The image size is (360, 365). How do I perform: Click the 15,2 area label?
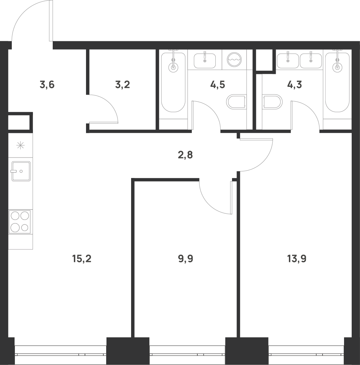pyautogui.click(x=82, y=258)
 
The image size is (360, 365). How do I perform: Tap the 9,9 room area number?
pyautogui.click(x=186, y=258)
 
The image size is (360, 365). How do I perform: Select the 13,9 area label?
pyautogui.click(x=297, y=258)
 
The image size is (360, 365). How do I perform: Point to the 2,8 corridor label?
pyautogui.click(x=185, y=155)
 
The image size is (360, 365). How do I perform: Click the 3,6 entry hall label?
pyautogui.click(x=47, y=85)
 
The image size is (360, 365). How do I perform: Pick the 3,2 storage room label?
pyautogui.click(x=122, y=85)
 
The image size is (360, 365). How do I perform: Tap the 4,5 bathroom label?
pyautogui.click(x=217, y=85)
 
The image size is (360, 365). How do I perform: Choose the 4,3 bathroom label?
pyautogui.click(x=294, y=85)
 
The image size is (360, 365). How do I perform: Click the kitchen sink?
pyautogui.click(x=21, y=171)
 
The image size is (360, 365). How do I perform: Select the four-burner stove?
pyautogui.click(x=19, y=222)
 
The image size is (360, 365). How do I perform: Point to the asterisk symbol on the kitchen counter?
pyautogui.click(x=20, y=145)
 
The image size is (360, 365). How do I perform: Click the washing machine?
pyautogui.click(x=234, y=60)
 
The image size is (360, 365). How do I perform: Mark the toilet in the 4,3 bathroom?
pyautogui.click(x=272, y=102)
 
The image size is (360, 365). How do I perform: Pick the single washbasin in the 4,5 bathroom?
pyautogui.click(x=205, y=61)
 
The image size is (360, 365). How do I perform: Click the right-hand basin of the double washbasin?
pyautogui.click(x=311, y=61)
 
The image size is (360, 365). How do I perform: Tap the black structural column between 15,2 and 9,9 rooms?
pyautogui.click(x=128, y=351)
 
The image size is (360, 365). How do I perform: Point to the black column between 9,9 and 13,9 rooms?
pyautogui.click(x=247, y=351)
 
